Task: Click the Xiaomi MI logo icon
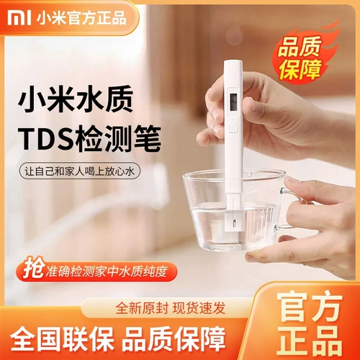pyautogui.click(x=14, y=12)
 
